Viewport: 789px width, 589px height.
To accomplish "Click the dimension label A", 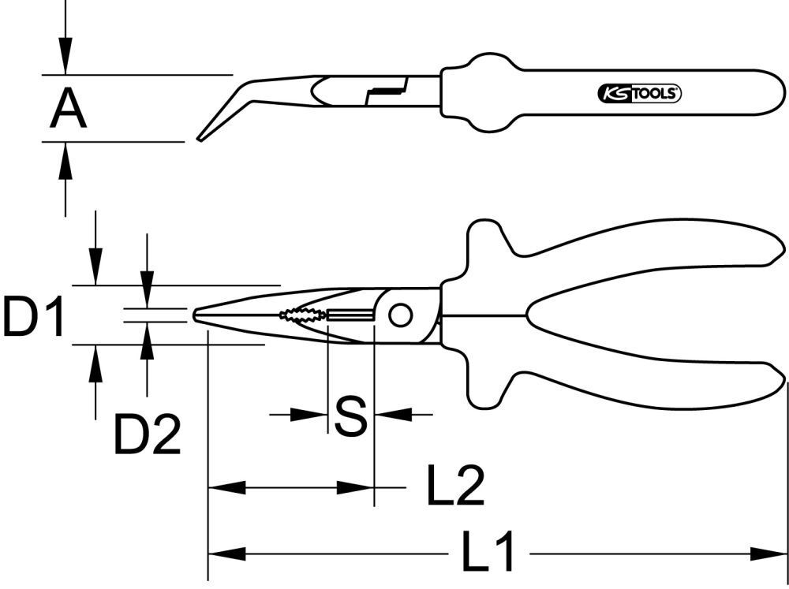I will [x=68, y=110].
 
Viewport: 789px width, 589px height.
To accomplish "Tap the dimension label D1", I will [x=32, y=315].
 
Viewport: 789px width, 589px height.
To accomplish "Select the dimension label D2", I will [x=148, y=434].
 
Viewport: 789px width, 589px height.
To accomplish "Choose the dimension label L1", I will [x=487, y=553].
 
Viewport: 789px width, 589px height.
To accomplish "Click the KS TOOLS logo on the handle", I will [x=636, y=94].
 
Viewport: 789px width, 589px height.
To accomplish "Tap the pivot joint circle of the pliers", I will [x=401, y=315].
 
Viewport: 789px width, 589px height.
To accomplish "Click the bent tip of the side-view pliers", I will [x=202, y=137].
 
